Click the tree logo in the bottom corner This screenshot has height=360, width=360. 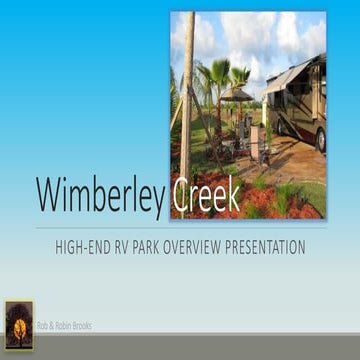(x=19, y=325)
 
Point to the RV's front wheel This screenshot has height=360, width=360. (x=319, y=141)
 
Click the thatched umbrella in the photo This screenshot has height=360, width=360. (x=237, y=95)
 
